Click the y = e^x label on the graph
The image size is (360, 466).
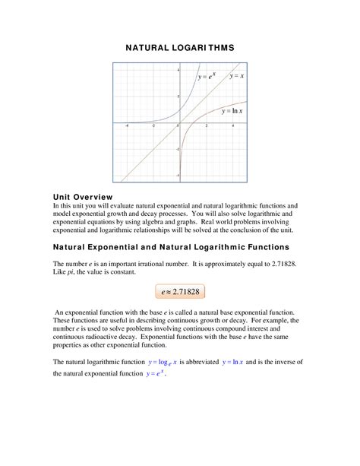(207, 76)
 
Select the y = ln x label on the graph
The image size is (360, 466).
(232, 111)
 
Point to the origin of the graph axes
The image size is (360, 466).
(179, 122)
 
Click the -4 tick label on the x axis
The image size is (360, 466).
(127, 125)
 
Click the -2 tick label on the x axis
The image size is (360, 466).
(153, 125)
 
